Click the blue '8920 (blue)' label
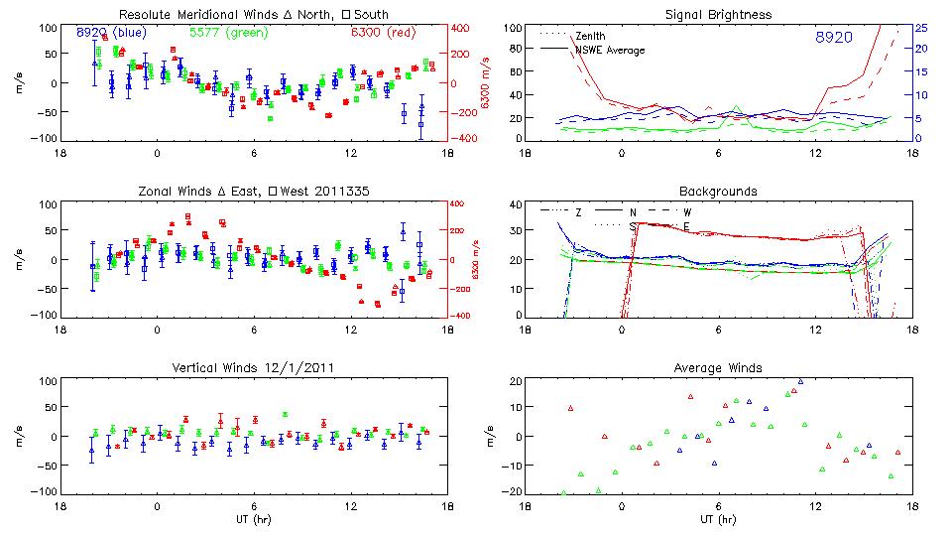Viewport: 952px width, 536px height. (x=111, y=34)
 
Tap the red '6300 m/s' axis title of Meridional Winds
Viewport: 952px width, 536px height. (x=486, y=83)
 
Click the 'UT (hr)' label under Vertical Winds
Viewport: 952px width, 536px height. (x=253, y=518)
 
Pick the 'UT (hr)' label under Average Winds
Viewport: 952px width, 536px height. (x=720, y=518)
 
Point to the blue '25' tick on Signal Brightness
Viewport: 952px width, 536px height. (x=921, y=28)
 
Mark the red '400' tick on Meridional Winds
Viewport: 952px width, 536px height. (x=464, y=28)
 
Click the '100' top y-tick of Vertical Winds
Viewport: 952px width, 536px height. (x=46, y=381)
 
